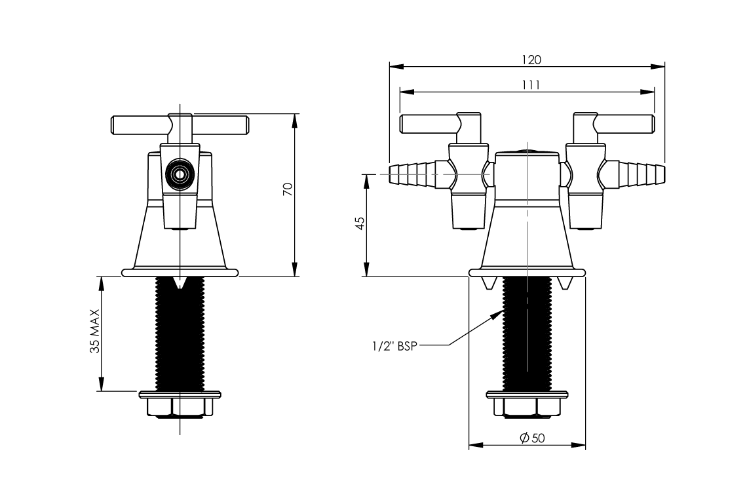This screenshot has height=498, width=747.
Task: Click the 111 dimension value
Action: [531, 85]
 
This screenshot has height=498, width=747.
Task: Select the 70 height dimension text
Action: [287, 191]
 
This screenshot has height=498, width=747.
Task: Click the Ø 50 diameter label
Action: [531, 438]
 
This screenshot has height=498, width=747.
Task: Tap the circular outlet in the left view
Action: [179, 174]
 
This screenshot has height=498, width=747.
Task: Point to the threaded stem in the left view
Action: [180, 334]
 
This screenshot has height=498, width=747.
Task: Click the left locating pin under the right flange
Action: [488, 282]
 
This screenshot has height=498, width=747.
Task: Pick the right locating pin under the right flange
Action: [567, 282]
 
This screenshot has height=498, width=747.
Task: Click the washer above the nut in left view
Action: [180, 394]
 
